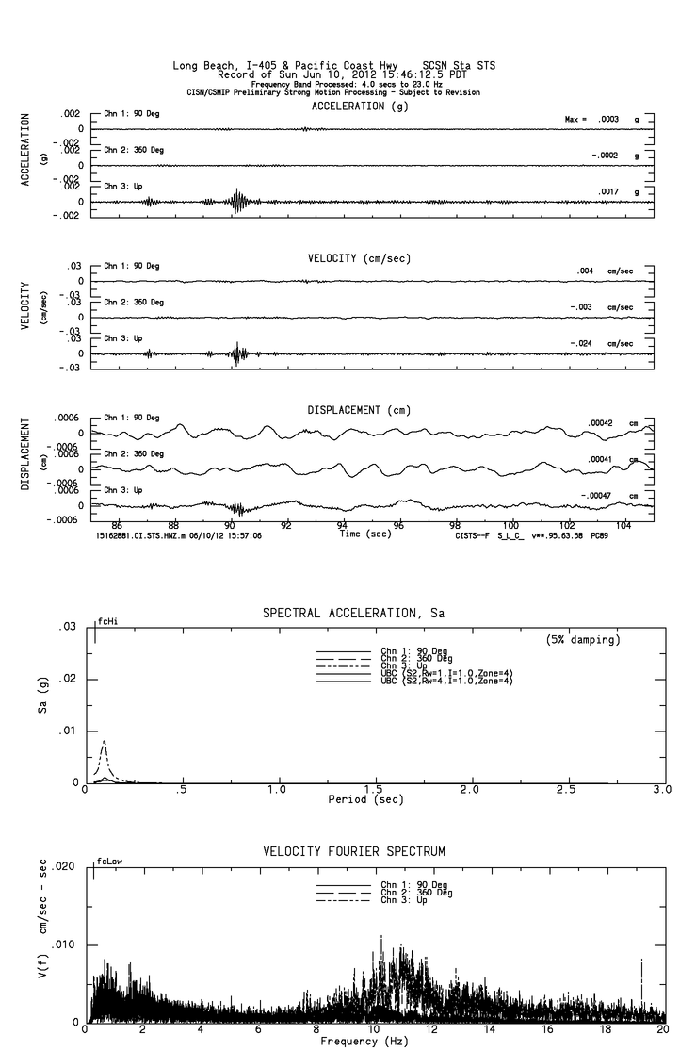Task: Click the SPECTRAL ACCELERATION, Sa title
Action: pos(354,613)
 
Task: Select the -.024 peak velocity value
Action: pos(583,343)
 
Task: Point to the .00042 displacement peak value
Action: pos(601,423)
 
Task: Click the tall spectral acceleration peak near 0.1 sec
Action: pos(104,742)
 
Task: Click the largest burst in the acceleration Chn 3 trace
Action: pos(236,201)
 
